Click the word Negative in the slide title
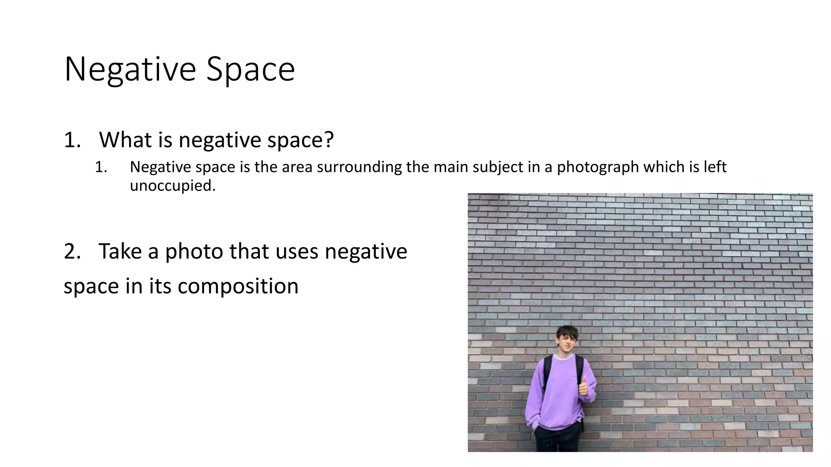pos(130,70)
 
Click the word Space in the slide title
pos(250,70)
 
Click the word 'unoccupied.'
pos(172,186)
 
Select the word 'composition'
pos(238,286)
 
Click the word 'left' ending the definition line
pos(715,167)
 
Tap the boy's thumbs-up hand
pos(583,386)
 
